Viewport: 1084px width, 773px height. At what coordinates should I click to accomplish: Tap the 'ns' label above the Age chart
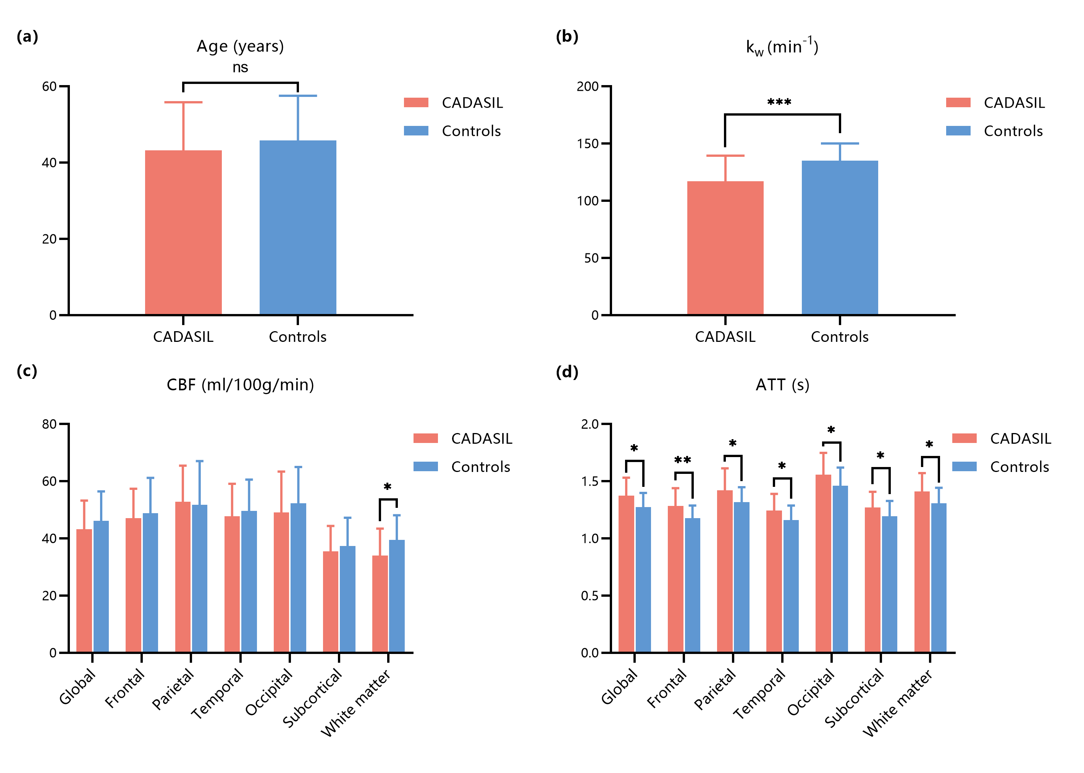click(x=240, y=67)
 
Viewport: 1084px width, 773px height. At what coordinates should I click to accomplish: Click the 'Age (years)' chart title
click(x=240, y=46)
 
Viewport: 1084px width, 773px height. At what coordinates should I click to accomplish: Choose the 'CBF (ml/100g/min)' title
click(x=240, y=385)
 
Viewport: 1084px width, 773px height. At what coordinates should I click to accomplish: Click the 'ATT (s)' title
click(x=782, y=385)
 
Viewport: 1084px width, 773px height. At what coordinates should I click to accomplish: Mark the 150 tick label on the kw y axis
click(x=587, y=144)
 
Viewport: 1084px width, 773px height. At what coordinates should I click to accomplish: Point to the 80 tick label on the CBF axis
click(x=49, y=424)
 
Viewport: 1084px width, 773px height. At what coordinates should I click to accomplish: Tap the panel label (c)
click(x=27, y=371)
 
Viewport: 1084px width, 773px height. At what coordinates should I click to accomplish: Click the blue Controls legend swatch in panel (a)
click(x=416, y=131)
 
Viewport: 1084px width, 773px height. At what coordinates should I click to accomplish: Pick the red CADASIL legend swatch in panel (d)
click(x=964, y=438)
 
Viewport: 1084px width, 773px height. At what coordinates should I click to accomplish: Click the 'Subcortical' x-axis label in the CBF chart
click(x=312, y=697)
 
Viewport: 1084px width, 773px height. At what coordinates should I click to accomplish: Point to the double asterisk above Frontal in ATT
click(x=682, y=460)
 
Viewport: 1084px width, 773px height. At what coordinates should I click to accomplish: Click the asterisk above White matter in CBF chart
click(x=387, y=487)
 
